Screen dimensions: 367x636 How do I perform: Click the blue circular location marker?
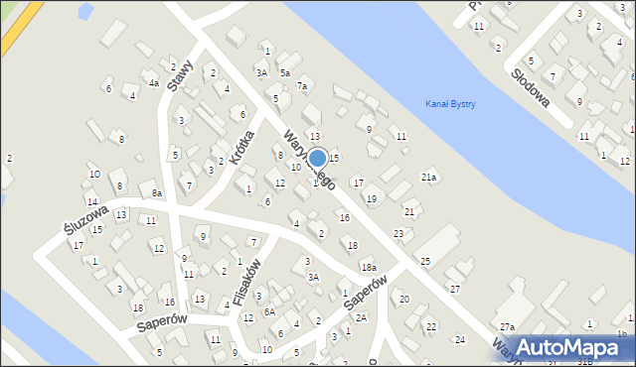(317, 159)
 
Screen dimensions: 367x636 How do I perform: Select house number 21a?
(428, 177)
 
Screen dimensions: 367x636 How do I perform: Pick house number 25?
(424, 261)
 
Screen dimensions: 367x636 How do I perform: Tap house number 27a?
(507, 327)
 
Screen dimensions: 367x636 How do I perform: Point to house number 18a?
(368, 268)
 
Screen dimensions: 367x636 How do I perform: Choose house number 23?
(398, 233)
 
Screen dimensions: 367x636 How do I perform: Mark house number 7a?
(302, 87)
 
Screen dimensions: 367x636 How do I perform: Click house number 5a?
(284, 73)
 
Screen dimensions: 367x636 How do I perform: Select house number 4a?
(154, 83)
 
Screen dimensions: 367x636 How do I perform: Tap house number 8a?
(157, 193)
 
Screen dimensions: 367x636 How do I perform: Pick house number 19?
(371, 199)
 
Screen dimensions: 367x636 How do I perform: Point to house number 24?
(459, 340)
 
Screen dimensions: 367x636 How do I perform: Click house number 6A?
(268, 311)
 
